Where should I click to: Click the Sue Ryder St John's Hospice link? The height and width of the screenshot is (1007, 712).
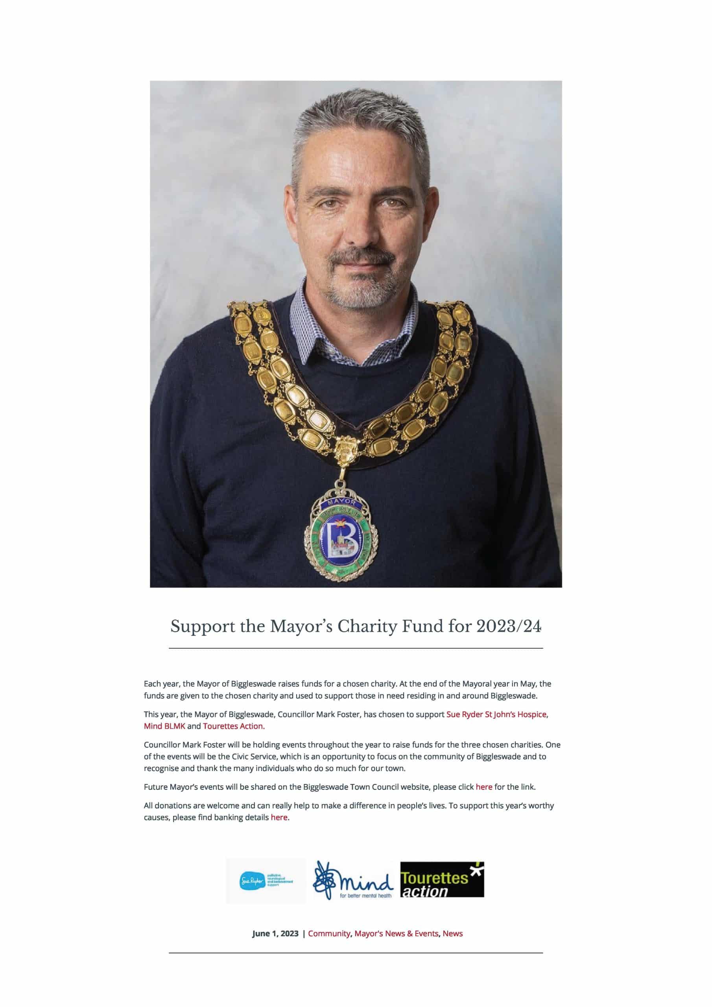point(496,714)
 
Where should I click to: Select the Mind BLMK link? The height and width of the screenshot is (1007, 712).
point(164,726)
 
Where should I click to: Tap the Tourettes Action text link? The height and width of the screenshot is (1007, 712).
point(233,726)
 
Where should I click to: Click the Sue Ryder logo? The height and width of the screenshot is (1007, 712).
point(266,881)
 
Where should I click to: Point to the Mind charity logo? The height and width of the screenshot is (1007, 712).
point(354,880)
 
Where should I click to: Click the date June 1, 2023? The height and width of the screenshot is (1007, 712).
point(275,934)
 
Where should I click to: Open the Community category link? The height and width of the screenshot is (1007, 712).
point(329,934)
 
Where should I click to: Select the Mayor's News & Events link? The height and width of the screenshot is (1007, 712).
point(396,934)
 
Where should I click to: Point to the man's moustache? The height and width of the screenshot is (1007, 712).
point(356,256)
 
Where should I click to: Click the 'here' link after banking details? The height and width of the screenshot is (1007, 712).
point(279,817)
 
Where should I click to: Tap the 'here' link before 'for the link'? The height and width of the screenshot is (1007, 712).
point(484,787)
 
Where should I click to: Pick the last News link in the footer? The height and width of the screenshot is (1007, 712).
point(452,934)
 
